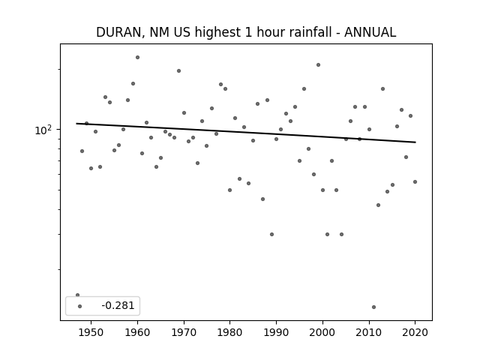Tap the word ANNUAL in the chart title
click(370, 32)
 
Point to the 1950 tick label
click(91, 332)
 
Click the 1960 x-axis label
click(137, 332)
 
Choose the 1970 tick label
click(184, 332)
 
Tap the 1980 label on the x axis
click(230, 332)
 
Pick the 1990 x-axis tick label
click(276, 332)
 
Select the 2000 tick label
click(322, 332)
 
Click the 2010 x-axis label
click(369, 332)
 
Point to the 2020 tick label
click(415, 332)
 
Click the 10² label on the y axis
click(42, 130)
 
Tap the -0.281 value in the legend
click(118, 305)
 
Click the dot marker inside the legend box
click(80, 306)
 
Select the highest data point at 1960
click(137, 57)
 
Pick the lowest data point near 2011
click(373, 307)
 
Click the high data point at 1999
click(318, 65)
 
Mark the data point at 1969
click(178, 70)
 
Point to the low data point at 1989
click(271, 234)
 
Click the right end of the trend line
click(415, 142)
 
